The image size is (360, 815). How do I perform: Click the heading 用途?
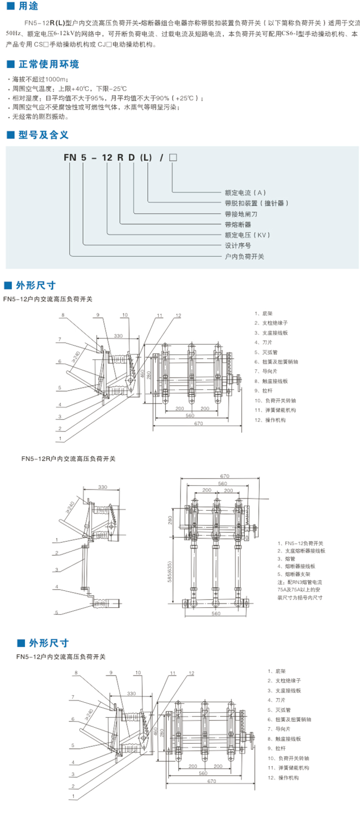(x=28, y=6)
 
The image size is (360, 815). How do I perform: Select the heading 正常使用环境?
(x=48, y=64)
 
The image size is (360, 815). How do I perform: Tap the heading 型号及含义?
(x=43, y=135)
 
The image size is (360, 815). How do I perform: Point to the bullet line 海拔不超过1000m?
(x=40, y=79)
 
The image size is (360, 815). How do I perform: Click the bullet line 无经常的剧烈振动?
(x=41, y=117)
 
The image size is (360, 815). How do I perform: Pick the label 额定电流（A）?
(x=245, y=192)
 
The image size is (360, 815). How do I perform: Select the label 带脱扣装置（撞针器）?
(x=257, y=203)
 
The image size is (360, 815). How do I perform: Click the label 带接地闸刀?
(x=241, y=214)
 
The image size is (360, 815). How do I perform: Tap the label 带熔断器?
(x=238, y=225)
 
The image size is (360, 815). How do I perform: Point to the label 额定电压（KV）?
(x=247, y=235)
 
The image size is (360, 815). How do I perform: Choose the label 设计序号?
(x=238, y=246)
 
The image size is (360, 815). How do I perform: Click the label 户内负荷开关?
(x=244, y=256)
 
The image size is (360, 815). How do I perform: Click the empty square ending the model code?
(x=173, y=157)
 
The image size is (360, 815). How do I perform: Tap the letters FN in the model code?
(x=70, y=157)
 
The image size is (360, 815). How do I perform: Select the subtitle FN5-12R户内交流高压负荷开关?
(x=68, y=459)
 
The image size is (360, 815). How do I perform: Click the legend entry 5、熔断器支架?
(x=294, y=574)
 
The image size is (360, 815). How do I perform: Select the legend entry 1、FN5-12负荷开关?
(x=300, y=543)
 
